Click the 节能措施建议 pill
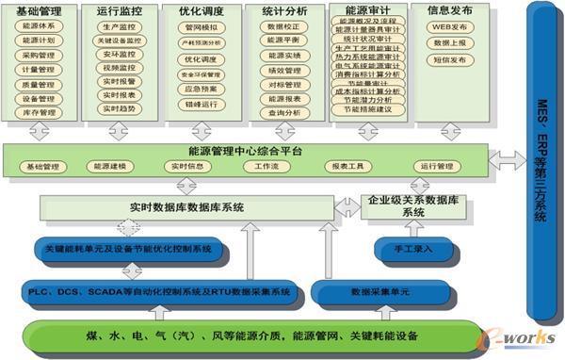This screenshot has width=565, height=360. tap(368, 110)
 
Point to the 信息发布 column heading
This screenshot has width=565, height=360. tap(450, 10)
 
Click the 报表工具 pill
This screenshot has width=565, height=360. tap(346, 167)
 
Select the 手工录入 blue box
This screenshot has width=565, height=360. tap(406, 250)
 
